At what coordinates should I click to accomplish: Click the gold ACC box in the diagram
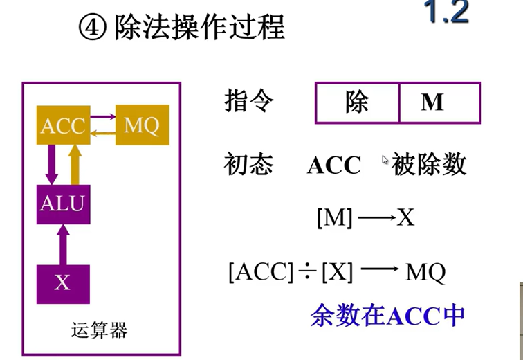pyautogui.click(x=63, y=125)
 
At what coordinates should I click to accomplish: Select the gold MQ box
pyautogui.click(x=142, y=125)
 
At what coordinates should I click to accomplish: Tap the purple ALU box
pyautogui.click(x=63, y=204)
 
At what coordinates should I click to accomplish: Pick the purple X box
pyautogui.click(x=63, y=283)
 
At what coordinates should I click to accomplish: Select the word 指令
pyautogui.click(x=249, y=102)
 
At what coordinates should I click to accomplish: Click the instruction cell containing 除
pyautogui.click(x=357, y=102)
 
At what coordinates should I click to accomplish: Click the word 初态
pyautogui.click(x=249, y=165)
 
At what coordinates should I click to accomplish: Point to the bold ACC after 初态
pyautogui.click(x=334, y=165)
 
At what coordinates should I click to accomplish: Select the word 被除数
pyautogui.click(x=429, y=165)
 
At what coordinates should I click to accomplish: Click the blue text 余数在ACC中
pyautogui.click(x=387, y=316)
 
